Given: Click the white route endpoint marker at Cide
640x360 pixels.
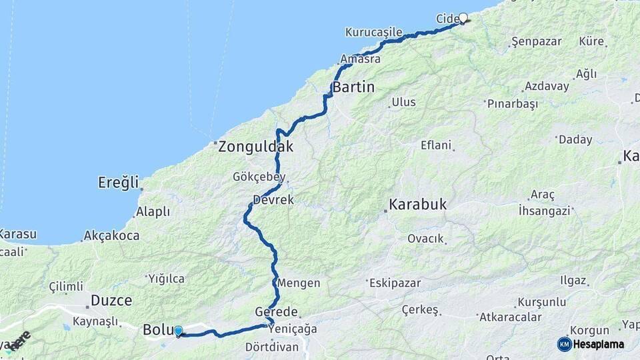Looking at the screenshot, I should tap(463, 18).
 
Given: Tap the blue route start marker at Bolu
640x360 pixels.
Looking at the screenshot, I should tap(178, 331).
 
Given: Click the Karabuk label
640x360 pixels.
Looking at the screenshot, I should tap(418, 204).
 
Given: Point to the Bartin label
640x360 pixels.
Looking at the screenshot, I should tap(353, 87).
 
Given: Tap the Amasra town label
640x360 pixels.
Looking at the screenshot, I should tap(360, 59).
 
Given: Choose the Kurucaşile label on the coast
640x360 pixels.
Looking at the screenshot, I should tap(373, 32).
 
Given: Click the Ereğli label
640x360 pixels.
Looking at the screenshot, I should tap(118, 182).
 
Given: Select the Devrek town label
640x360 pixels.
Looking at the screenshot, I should tap(273, 200).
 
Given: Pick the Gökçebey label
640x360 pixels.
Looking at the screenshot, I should tap(259, 177).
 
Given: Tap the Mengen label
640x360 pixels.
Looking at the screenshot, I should tap(299, 283).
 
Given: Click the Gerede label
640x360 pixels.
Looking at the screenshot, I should tap(276, 312).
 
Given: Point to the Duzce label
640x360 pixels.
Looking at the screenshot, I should tap(111, 301).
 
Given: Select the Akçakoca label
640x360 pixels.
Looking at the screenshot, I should tap(111, 235).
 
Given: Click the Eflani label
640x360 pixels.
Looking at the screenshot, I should tap(436, 145).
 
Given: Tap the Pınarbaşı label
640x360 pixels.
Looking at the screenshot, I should tap(512, 104).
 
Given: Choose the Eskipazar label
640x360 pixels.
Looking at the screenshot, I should tap(394, 283).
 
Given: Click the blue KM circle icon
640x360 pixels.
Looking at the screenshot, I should tap(564, 344).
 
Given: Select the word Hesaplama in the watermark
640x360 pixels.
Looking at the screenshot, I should tap(598, 345).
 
